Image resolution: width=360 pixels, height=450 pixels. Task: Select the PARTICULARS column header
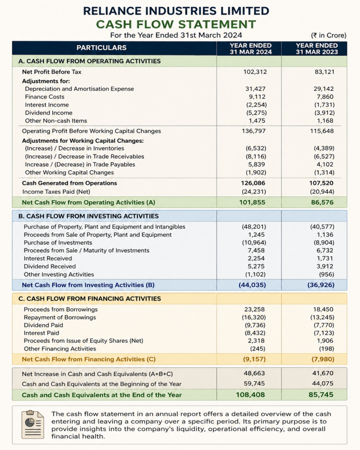102,48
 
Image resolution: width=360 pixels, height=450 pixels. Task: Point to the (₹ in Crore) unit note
328,35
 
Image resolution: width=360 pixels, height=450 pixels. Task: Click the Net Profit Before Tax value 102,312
255,72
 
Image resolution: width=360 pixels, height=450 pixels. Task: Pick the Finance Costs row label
44,97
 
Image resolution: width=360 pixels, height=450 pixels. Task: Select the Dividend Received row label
50,266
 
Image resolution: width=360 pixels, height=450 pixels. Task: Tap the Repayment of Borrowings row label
60,317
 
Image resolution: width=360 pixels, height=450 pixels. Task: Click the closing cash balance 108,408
251,395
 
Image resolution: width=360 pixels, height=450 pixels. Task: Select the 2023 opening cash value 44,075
322,384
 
